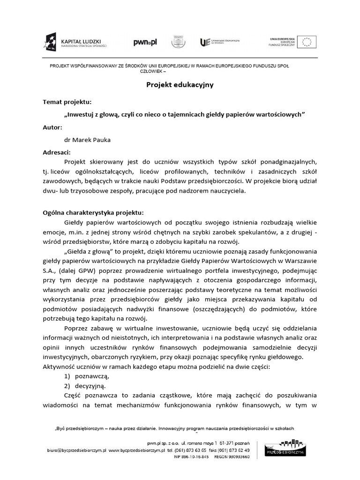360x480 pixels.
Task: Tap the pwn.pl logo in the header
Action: point(145,43)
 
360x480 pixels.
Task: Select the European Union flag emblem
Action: point(308,42)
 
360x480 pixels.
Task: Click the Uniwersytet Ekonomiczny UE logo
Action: point(219,43)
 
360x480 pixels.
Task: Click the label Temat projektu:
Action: point(67,102)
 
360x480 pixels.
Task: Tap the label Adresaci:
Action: point(57,152)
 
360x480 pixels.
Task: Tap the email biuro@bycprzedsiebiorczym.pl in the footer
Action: point(77,450)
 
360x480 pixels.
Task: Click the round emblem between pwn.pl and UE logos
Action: point(178,42)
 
